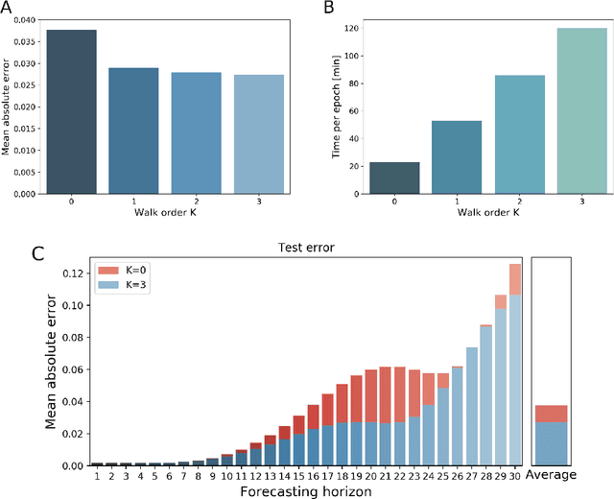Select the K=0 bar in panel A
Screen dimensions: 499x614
click(x=72, y=111)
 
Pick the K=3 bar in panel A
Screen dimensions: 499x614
click(x=260, y=134)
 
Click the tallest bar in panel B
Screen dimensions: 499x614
click(x=581, y=110)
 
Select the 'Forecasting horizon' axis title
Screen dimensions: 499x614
click(x=305, y=490)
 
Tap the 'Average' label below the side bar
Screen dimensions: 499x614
click(x=551, y=475)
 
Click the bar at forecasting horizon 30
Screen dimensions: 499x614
click(x=515, y=365)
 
